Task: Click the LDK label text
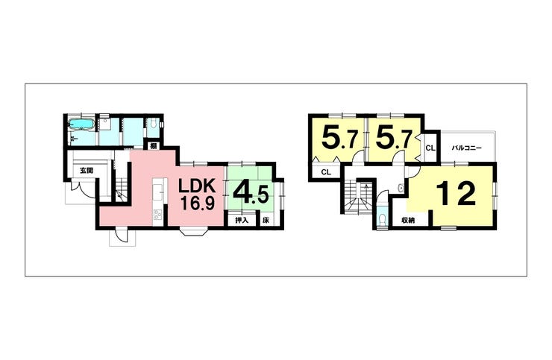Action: pyautogui.click(x=197, y=186)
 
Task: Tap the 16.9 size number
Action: pyautogui.click(x=197, y=203)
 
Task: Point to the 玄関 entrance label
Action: pyautogui.click(x=87, y=171)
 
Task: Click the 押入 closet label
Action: pyautogui.click(x=242, y=221)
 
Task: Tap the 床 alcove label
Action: pyautogui.click(x=266, y=221)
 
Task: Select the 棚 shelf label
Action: pyautogui.click(x=152, y=146)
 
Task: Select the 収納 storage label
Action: pyautogui.click(x=407, y=221)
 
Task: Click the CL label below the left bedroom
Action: pyautogui.click(x=325, y=173)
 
